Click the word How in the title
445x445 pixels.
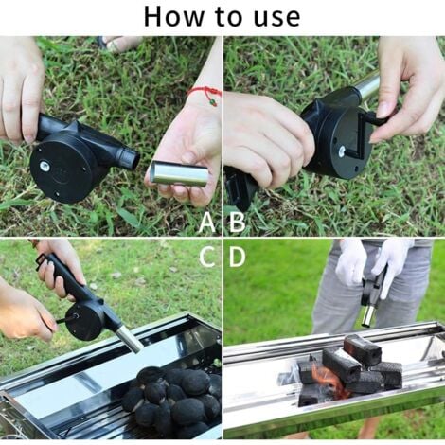coord(175,16)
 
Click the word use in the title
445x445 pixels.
coord(274,16)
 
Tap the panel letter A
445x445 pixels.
coord(207,222)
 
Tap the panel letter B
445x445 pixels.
coord(237,222)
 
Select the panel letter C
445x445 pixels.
coord(207,255)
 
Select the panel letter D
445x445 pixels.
coord(237,255)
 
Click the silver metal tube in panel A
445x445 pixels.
coord(179,173)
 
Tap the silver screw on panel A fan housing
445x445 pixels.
coord(44,168)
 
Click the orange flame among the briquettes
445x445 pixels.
coord(327,380)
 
